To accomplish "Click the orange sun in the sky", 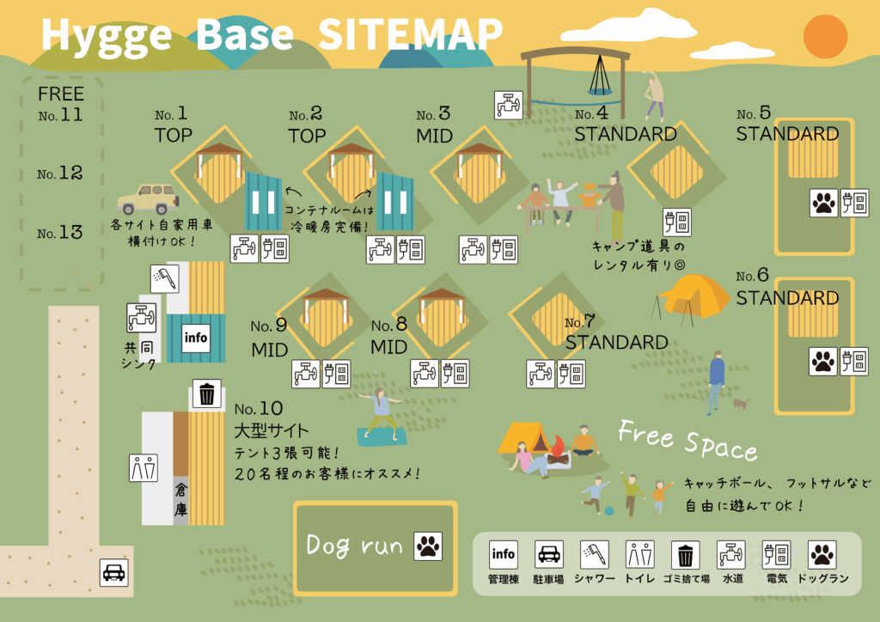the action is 825,36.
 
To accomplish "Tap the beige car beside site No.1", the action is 148,198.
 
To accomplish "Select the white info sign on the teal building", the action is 196,338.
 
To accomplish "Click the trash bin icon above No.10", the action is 206,393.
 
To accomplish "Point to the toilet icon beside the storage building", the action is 144,468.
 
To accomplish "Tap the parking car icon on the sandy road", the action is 114,573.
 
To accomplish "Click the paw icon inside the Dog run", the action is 428,546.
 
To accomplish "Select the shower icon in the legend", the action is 595,555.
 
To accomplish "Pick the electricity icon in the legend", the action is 777,555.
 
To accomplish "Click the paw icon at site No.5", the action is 824,203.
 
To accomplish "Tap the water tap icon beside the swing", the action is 509,105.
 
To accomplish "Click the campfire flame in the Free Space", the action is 557,447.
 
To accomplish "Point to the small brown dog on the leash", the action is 741,403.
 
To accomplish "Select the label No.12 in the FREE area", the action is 59,173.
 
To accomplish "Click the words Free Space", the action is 687,440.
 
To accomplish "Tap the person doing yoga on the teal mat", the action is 381,414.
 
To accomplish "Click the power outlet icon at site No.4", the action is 677,223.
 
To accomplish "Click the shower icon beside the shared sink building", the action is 165,278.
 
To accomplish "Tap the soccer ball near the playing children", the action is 609,511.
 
